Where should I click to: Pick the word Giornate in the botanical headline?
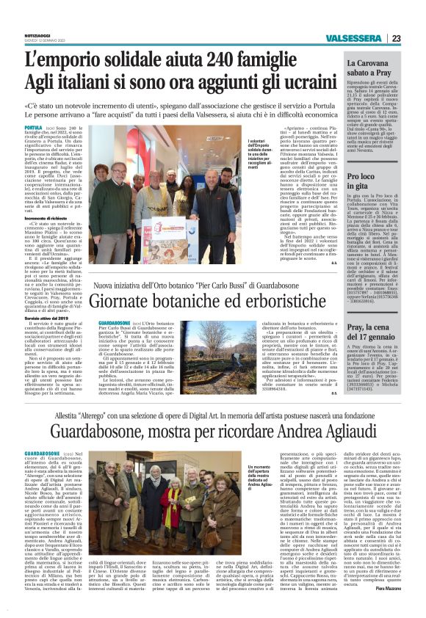click(131, 301)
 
